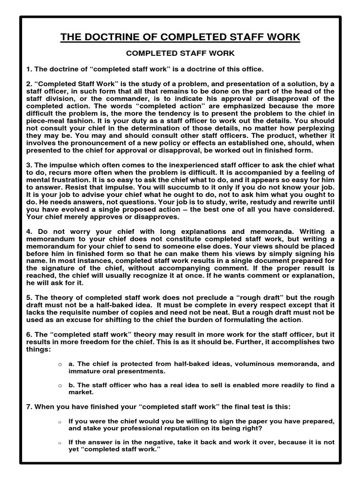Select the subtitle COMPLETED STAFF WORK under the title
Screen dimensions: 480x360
click(x=180, y=54)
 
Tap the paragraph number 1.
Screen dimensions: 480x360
click(x=28, y=69)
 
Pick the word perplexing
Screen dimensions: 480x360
click(x=313, y=128)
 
